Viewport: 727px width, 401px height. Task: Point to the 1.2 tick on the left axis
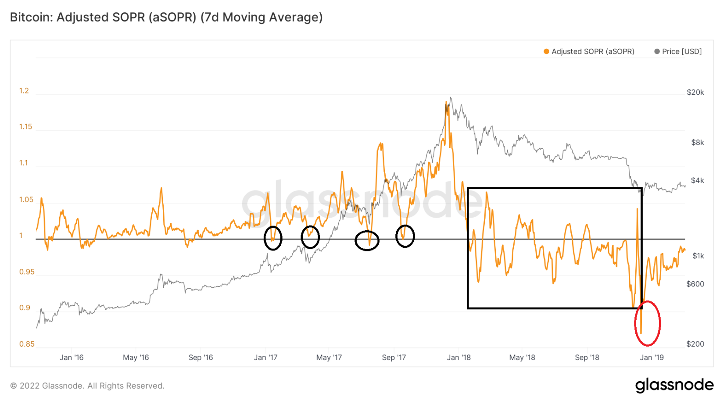click(24, 90)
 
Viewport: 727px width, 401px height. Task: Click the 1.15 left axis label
click(25, 127)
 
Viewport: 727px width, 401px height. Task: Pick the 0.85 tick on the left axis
click(27, 344)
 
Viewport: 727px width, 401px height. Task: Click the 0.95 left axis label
click(27, 272)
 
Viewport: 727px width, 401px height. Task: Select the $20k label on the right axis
click(695, 92)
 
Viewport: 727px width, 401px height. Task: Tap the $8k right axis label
click(697, 142)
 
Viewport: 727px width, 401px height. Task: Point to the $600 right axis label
click(695, 284)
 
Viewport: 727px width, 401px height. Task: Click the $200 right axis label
click(695, 344)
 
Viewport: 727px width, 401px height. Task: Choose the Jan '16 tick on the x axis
click(72, 358)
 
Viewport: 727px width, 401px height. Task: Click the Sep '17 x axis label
click(394, 358)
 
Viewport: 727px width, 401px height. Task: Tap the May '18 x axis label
click(522, 358)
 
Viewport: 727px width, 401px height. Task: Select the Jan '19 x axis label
click(652, 358)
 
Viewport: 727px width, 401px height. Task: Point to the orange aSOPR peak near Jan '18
click(447, 104)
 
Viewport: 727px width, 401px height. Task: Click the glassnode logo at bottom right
click(674, 385)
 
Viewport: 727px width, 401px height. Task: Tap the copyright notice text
click(87, 386)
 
